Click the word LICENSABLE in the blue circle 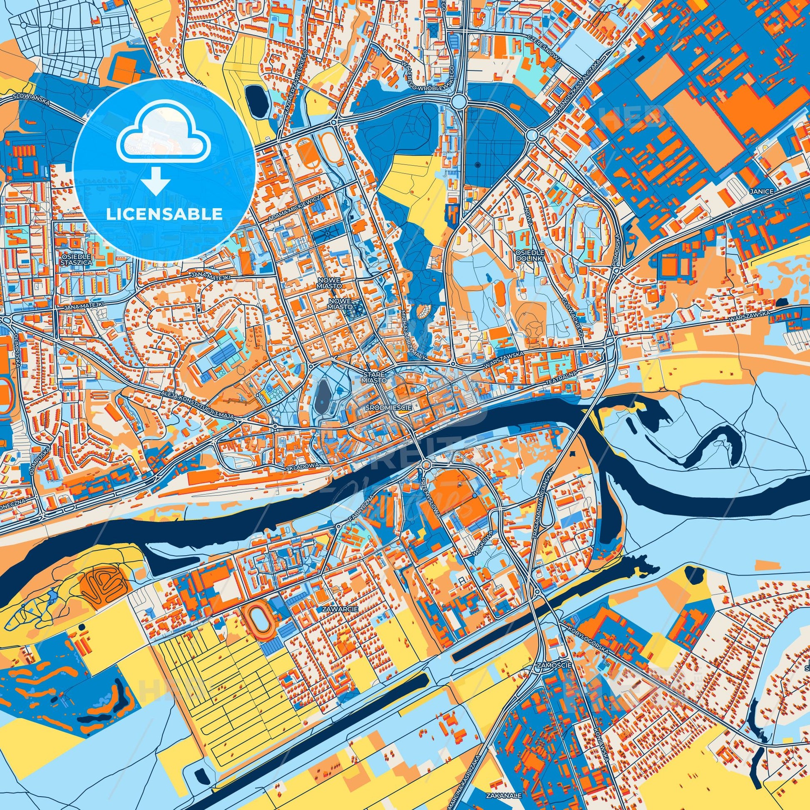[164, 214]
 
